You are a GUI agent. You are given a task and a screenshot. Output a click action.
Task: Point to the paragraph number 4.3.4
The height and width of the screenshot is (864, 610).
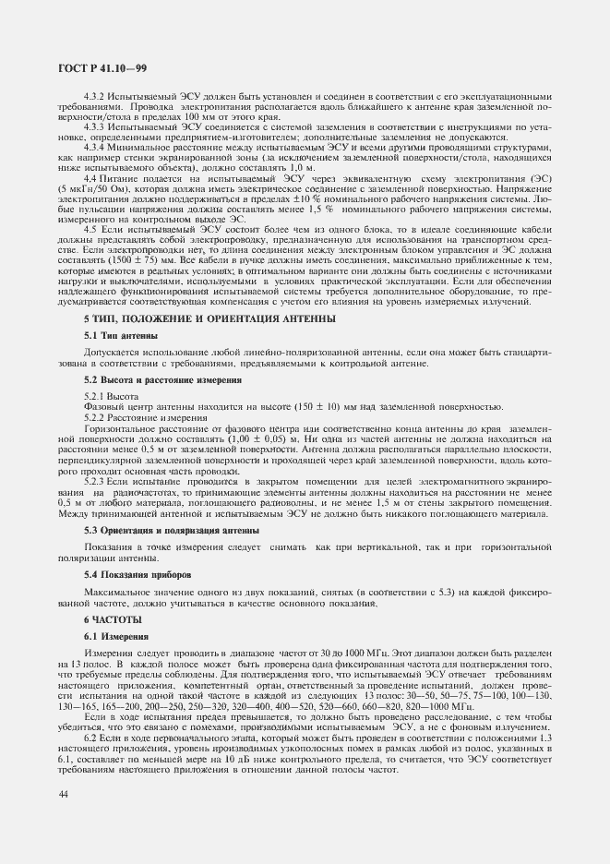coord(94,147)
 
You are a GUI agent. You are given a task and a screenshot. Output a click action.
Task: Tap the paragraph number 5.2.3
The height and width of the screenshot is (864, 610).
coord(96,482)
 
